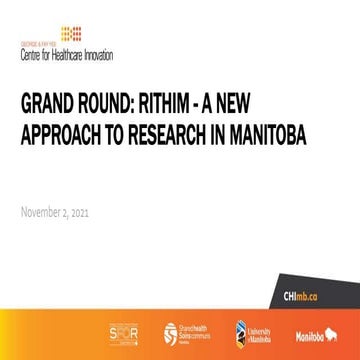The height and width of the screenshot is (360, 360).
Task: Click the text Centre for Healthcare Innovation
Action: [61, 51]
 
